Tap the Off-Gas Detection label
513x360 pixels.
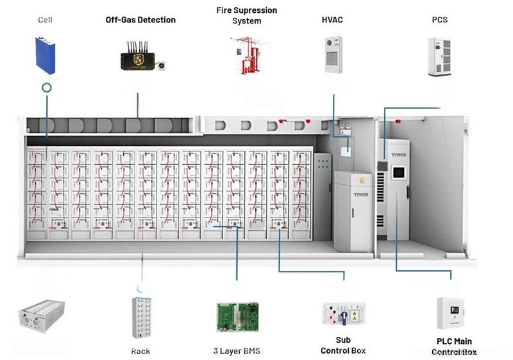point(140,20)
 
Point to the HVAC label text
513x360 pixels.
point(332,20)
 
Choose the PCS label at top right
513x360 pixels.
point(439,20)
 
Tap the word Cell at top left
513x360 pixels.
point(45,20)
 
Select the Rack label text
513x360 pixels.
point(140,351)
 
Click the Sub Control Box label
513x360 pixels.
point(343,345)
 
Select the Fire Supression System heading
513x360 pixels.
point(246,15)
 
